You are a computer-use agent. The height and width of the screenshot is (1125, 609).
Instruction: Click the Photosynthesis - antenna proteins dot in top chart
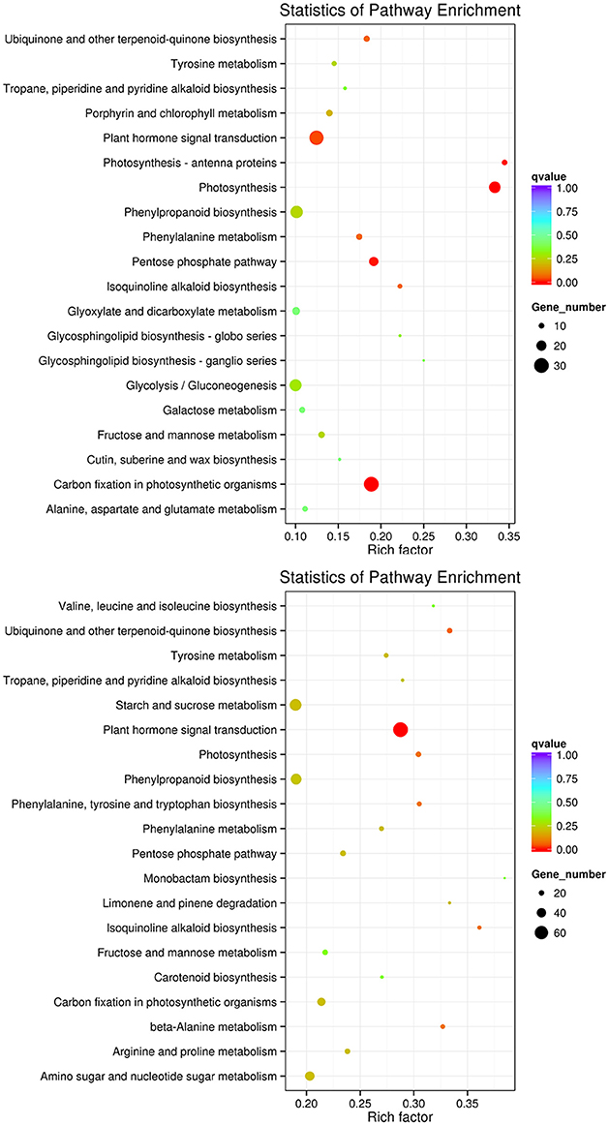click(504, 163)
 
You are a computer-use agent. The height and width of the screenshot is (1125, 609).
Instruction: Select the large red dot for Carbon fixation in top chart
click(371, 484)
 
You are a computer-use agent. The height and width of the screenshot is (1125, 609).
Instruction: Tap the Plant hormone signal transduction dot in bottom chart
click(401, 730)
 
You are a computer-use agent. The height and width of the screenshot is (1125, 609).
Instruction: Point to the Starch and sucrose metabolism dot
click(296, 705)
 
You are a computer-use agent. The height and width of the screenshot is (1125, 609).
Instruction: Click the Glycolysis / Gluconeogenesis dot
click(296, 385)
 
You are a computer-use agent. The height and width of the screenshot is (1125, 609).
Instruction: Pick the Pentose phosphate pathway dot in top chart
click(374, 261)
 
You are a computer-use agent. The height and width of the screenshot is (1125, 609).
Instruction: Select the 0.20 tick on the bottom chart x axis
click(307, 1103)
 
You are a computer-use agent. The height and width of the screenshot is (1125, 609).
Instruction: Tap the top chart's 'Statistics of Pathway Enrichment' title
click(401, 11)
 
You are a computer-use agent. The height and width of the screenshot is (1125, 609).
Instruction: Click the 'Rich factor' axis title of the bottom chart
click(401, 1116)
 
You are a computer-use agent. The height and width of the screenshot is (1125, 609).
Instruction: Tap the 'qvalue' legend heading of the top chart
click(548, 177)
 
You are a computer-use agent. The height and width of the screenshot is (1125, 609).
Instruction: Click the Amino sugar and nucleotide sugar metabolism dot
click(310, 1076)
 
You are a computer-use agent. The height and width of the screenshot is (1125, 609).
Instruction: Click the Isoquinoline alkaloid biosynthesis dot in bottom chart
click(479, 927)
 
